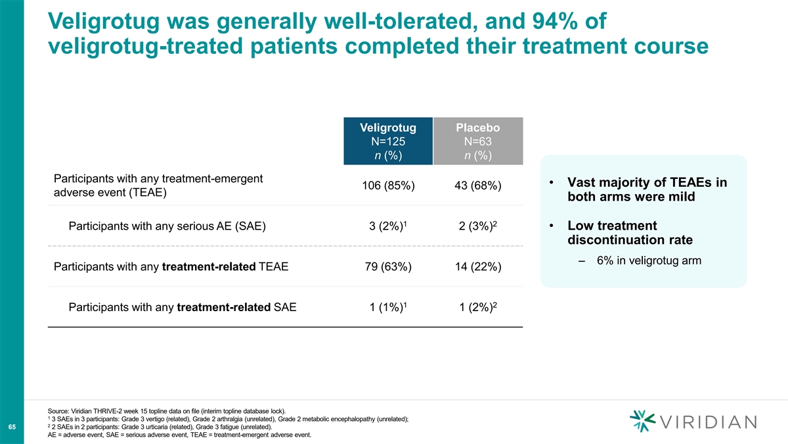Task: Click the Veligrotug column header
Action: (388, 141)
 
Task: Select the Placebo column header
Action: (478, 141)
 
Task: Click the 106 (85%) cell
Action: (388, 185)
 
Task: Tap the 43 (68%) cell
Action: (478, 185)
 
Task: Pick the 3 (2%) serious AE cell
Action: (387, 226)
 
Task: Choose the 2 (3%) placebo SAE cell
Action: (478, 226)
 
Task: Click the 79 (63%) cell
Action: (388, 266)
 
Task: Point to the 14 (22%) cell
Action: (478, 266)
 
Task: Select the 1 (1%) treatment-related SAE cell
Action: (388, 307)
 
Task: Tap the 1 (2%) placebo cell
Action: (478, 307)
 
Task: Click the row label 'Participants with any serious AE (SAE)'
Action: (167, 226)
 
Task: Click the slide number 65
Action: (12, 427)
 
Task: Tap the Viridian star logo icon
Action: (642, 421)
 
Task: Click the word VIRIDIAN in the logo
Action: (708, 422)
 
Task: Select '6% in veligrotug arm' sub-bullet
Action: (649, 260)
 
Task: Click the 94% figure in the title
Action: (556, 21)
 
